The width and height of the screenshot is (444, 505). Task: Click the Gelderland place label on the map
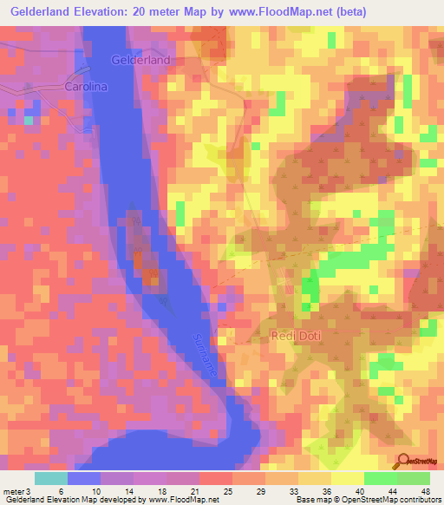point(140,60)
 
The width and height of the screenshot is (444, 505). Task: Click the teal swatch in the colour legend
point(51,478)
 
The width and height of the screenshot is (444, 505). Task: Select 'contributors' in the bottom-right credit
point(419,500)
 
